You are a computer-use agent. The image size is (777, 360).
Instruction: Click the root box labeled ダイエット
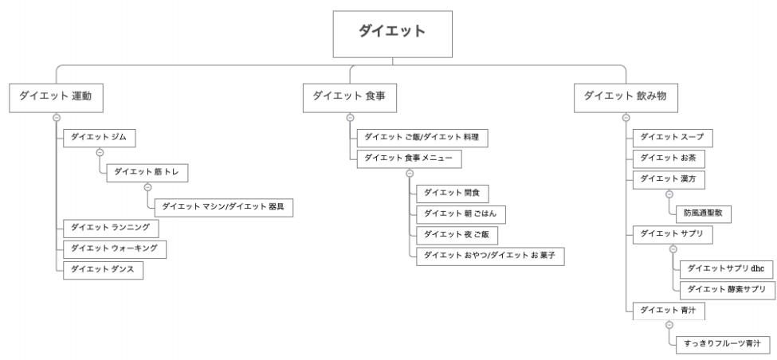point(392,34)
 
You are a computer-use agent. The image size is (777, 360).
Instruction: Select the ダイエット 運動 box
point(56,98)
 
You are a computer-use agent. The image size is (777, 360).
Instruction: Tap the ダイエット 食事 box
point(350,98)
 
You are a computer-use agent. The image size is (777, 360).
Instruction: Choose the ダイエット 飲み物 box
point(626,98)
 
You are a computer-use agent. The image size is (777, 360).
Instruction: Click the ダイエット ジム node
point(99,138)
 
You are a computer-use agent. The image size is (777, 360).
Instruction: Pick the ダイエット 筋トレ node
point(147,173)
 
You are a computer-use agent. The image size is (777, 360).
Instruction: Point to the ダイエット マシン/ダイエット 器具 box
point(223,208)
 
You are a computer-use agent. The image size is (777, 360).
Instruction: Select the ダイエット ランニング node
point(111,229)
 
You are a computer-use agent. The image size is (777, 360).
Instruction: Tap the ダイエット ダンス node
point(103,270)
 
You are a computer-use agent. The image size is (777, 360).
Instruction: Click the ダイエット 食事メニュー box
point(410,159)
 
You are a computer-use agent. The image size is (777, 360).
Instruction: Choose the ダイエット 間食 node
point(453,194)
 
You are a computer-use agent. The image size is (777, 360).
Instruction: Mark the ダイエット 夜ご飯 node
point(457,235)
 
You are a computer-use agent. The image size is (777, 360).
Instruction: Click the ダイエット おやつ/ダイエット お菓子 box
point(490,256)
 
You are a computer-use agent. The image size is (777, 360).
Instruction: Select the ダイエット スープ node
point(673,138)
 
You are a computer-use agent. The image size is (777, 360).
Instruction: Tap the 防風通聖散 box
point(704,214)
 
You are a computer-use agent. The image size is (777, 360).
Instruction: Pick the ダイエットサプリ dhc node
point(728,269)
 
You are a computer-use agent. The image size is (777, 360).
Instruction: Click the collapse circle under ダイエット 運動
point(57,118)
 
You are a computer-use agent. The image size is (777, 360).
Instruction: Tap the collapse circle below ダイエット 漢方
point(669,194)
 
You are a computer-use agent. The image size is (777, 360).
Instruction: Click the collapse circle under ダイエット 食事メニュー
point(410,174)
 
